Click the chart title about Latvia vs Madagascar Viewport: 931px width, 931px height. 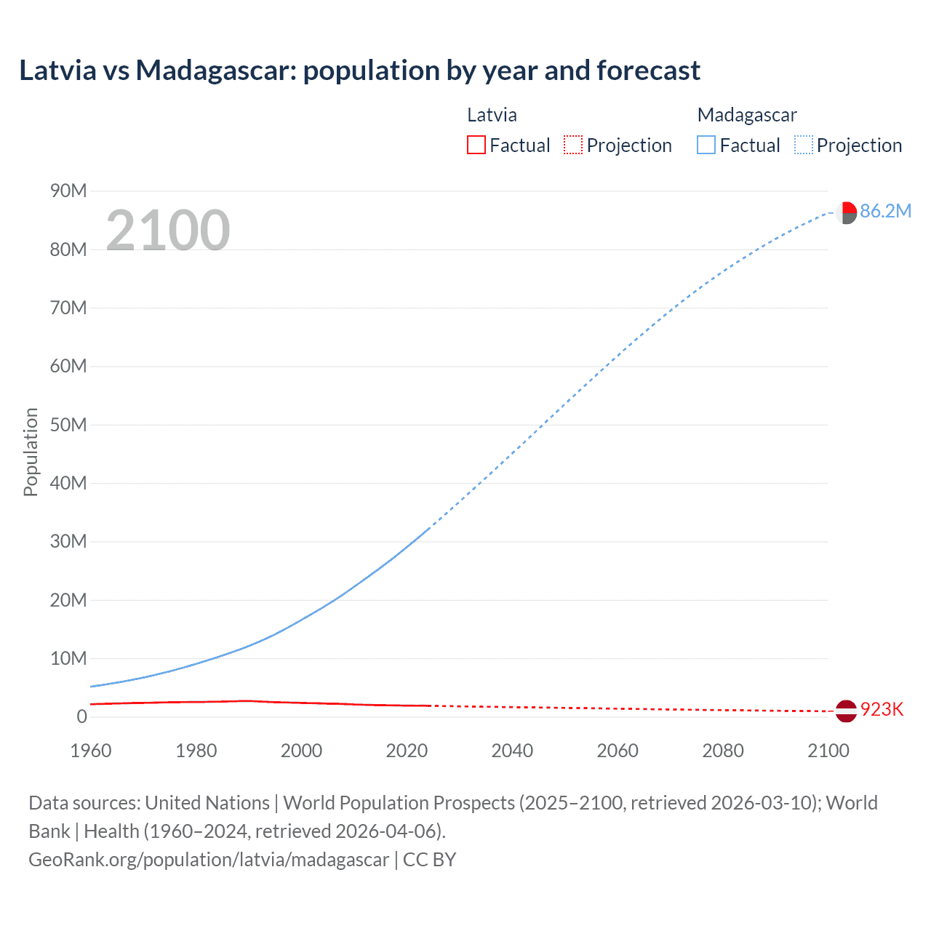[x=359, y=71]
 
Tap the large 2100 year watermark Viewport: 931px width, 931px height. [x=168, y=231]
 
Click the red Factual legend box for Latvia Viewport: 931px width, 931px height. [x=476, y=145]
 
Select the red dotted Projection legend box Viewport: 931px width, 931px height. [x=573, y=145]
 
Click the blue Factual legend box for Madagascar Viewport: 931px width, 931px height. [x=706, y=145]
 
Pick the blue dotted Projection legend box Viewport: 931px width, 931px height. [x=803, y=145]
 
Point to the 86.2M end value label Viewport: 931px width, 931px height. [x=885, y=212]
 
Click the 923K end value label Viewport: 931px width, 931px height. [x=882, y=710]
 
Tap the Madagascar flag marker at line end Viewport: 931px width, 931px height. [x=846, y=213]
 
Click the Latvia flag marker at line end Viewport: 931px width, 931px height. [x=846, y=711]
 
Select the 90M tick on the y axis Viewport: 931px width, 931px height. [x=68, y=191]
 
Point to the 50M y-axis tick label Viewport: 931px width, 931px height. [x=68, y=425]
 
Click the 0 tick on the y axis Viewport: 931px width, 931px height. [x=81, y=717]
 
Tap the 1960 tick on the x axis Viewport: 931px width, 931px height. [x=91, y=751]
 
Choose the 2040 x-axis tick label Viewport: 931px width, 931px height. [x=512, y=751]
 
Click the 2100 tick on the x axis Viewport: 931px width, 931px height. [x=828, y=751]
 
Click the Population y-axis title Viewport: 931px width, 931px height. [x=31, y=452]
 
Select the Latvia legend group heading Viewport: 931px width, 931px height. [x=492, y=115]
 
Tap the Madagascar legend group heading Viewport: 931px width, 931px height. [x=747, y=115]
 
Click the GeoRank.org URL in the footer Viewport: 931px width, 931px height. [x=209, y=860]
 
